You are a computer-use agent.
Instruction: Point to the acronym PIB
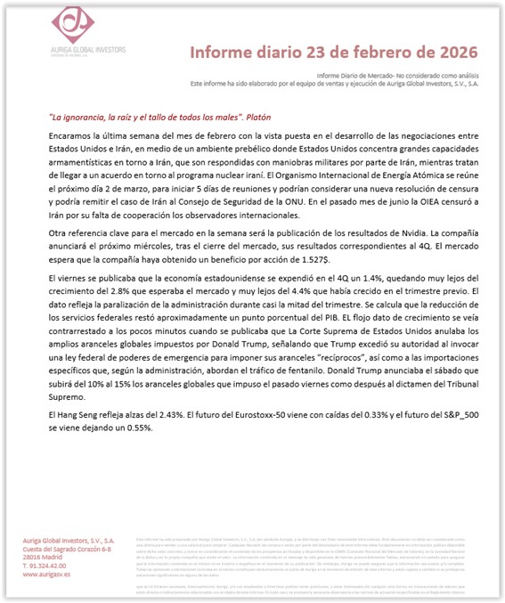pos(314,318)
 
